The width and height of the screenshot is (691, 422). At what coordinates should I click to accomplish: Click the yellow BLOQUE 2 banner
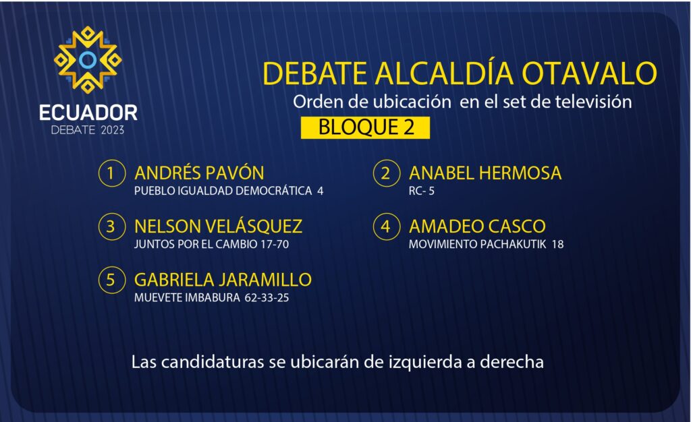(x=365, y=127)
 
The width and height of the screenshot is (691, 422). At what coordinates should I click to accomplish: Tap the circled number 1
(x=111, y=173)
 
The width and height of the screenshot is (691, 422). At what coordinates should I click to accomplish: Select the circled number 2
(x=387, y=173)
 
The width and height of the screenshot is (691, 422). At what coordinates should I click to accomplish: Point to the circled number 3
(x=111, y=227)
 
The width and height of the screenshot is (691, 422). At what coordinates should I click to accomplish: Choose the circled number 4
(x=387, y=227)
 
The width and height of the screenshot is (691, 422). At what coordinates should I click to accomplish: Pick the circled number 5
(x=111, y=280)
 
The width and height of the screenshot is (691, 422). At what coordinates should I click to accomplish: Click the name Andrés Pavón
(x=199, y=173)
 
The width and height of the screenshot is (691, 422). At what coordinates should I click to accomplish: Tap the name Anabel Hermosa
(x=485, y=173)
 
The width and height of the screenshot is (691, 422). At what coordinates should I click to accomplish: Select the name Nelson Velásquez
(x=218, y=226)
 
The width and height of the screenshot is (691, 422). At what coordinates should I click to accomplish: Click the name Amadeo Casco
(x=477, y=227)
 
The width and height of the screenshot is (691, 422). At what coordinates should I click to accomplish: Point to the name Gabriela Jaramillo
(x=223, y=280)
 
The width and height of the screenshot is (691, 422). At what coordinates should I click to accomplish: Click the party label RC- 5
(x=422, y=191)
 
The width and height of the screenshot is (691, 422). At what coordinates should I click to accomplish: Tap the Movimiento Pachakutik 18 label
(x=486, y=244)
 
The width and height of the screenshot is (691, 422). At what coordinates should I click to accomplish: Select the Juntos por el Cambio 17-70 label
(x=211, y=244)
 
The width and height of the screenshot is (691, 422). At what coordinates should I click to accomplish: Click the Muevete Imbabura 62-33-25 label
(x=211, y=298)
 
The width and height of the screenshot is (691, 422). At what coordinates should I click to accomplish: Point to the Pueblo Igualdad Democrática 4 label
(x=229, y=191)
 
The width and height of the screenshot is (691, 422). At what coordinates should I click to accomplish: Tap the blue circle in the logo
(x=88, y=60)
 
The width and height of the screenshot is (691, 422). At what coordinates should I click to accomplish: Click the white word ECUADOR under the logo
(x=88, y=113)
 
